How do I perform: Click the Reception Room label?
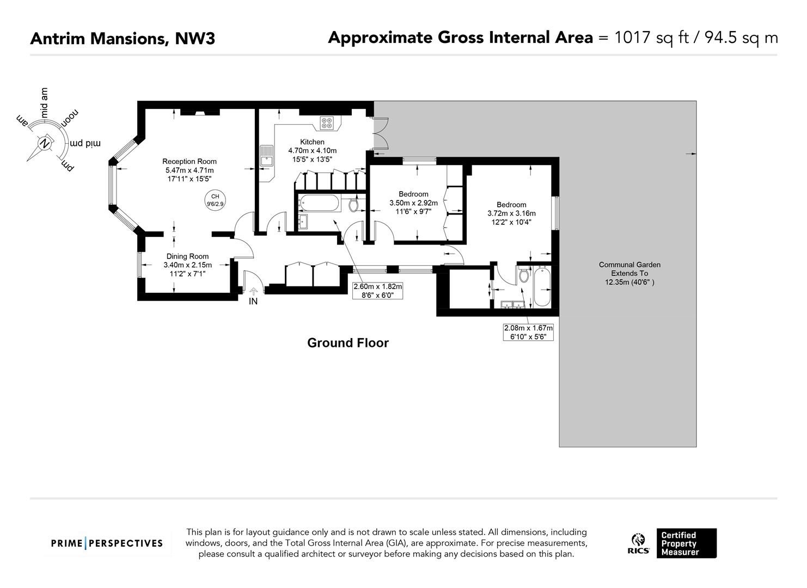point(189,161)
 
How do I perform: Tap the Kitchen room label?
point(312,142)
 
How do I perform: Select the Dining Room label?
point(187,256)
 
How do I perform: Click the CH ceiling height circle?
point(215,200)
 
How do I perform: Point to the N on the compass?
point(45,144)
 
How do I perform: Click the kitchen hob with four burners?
point(327,123)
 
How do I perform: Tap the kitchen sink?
point(267,156)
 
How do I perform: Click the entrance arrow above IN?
point(254,291)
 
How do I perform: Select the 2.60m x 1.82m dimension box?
point(377,291)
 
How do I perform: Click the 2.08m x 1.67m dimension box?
point(528,332)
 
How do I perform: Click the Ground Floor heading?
point(347,342)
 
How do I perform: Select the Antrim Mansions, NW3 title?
point(123,38)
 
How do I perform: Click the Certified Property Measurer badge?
point(686,543)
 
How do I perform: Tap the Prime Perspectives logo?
point(107,543)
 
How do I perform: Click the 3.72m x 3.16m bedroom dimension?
point(511,213)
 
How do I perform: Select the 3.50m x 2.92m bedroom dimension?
point(414,203)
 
